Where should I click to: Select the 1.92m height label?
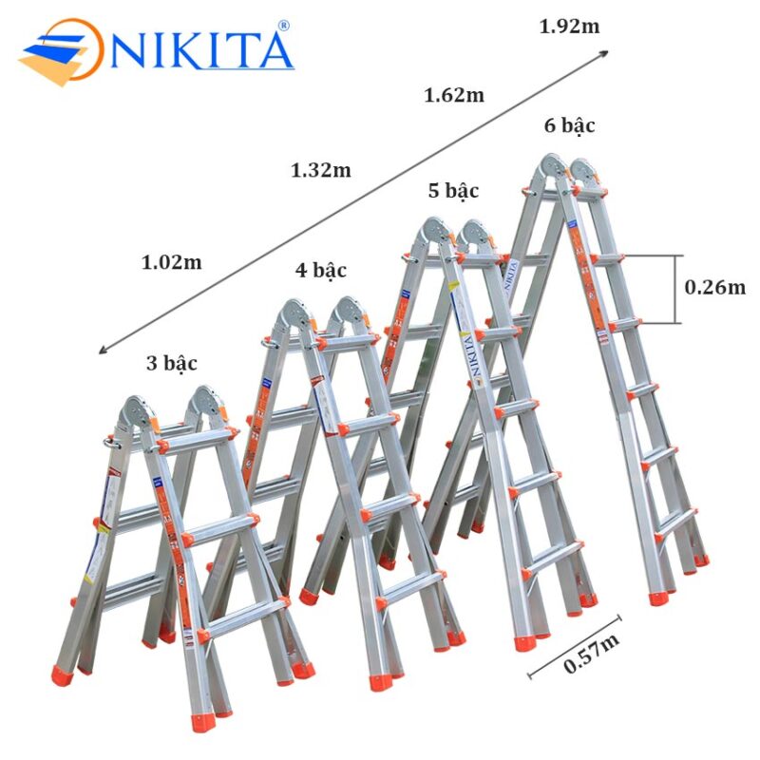click(569, 27)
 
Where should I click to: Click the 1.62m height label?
click(454, 95)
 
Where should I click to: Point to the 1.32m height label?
click(321, 171)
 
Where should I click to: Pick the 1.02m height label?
click(172, 262)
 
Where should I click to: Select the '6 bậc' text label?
click(570, 125)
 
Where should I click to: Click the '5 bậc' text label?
click(453, 191)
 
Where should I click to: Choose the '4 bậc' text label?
click(321, 271)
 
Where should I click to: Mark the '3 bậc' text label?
click(173, 362)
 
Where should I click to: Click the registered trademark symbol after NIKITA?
click(282, 26)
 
